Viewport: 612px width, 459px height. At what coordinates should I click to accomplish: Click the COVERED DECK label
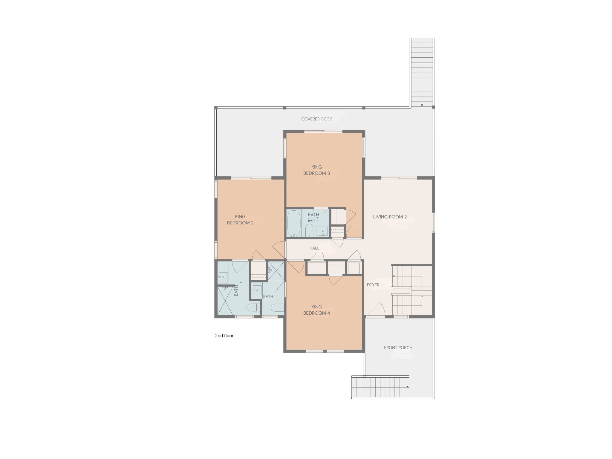(x=316, y=119)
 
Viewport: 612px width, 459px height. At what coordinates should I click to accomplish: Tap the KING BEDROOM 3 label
(x=316, y=170)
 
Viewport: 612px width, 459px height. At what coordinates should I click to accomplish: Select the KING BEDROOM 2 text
(x=240, y=220)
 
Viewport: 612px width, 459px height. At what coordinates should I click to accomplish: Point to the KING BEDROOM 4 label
(x=316, y=310)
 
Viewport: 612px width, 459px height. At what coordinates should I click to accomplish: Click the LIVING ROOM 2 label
(x=390, y=217)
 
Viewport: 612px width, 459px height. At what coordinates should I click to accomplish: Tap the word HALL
(x=314, y=248)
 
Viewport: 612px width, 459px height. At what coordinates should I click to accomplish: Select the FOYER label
(x=373, y=285)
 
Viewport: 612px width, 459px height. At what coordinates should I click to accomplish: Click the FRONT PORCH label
(x=398, y=348)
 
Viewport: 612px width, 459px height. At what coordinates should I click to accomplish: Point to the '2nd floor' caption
(x=224, y=336)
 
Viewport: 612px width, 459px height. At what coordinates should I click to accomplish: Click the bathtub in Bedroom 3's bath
(x=294, y=224)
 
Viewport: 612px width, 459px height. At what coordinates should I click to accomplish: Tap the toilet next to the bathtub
(x=309, y=230)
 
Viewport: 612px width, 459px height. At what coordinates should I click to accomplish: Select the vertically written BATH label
(x=236, y=290)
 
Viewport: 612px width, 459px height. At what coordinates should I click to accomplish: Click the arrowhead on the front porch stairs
(x=408, y=387)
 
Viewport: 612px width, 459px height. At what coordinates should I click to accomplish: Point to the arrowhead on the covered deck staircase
(x=422, y=105)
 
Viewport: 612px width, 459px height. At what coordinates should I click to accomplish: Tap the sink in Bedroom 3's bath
(x=322, y=231)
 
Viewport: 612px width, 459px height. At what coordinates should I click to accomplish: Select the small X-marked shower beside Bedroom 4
(x=276, y=271)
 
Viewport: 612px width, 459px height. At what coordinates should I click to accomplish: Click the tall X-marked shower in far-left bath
(x=225, y=301)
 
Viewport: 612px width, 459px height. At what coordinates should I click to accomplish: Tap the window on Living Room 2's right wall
(x=433, y=222)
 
